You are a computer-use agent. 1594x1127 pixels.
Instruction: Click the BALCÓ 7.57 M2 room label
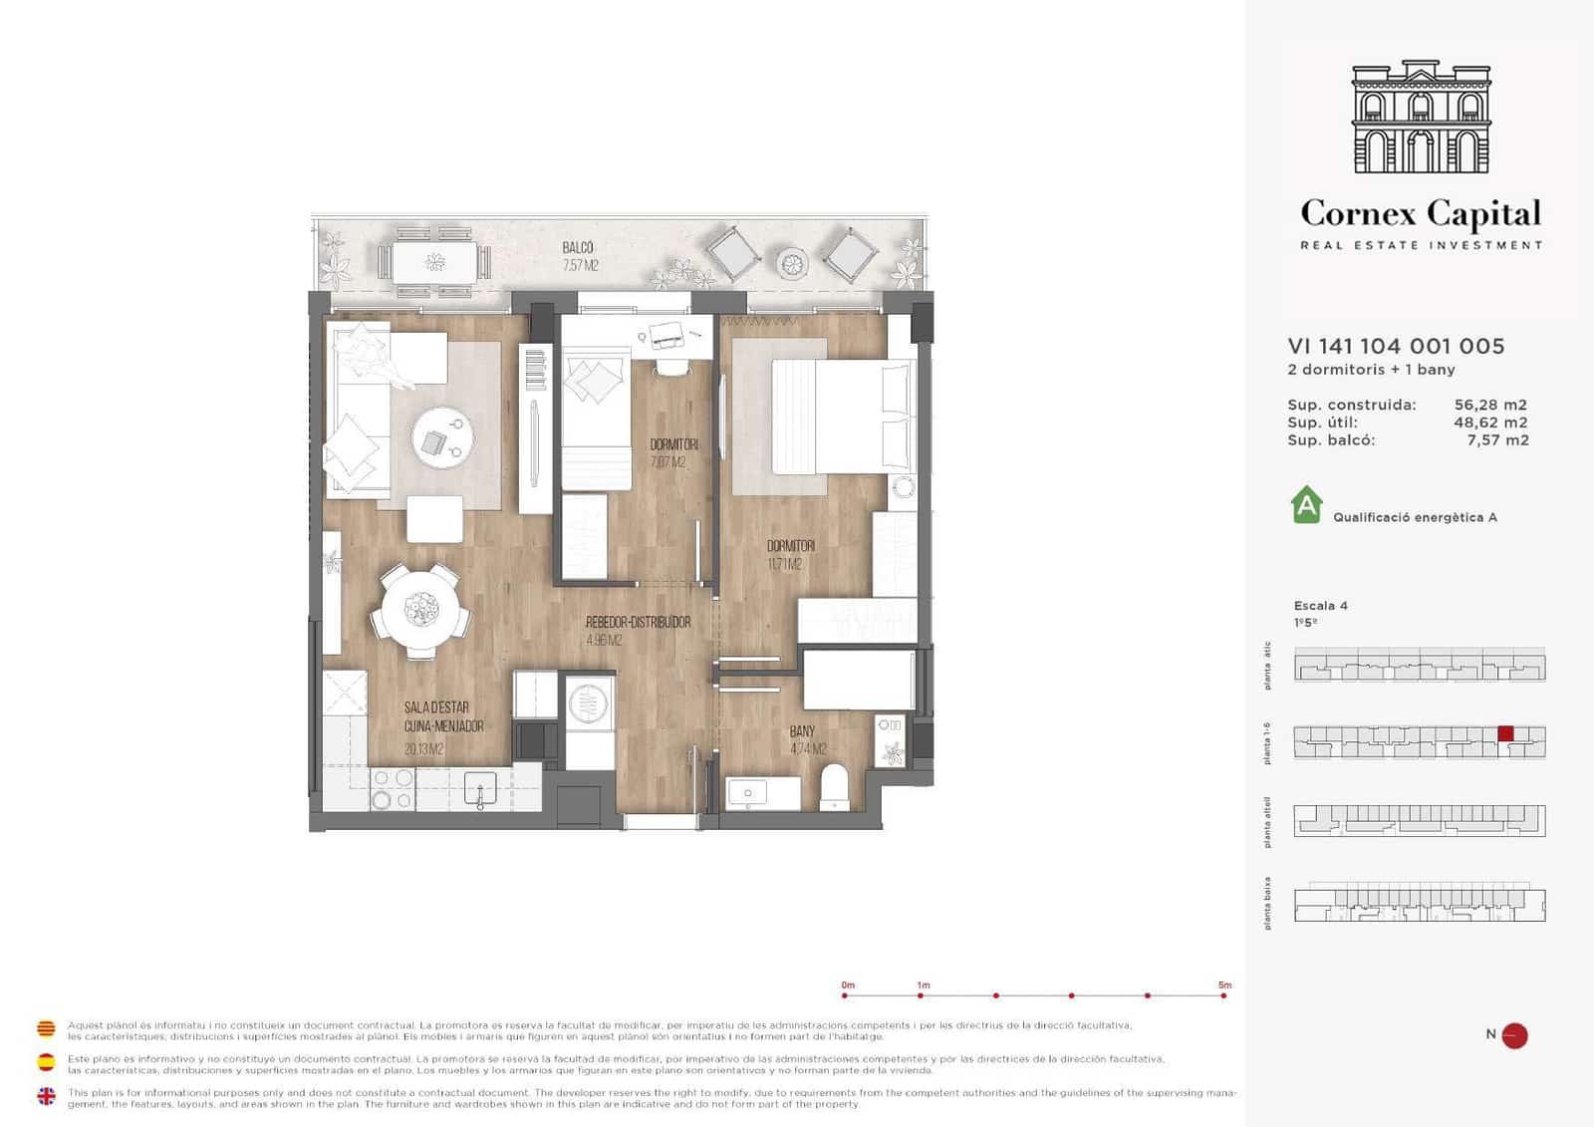coord(579,256)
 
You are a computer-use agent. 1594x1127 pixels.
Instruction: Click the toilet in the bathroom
coord(833,788)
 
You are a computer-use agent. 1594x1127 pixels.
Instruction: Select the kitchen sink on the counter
coord(479,790)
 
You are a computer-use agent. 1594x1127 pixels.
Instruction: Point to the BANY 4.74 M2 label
coord(807,739)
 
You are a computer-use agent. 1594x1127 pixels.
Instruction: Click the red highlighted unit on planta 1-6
coord(1505,733)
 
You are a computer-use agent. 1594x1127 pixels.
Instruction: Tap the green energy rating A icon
coord(1306,505)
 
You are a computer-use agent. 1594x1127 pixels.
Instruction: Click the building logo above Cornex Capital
coord(1421,117)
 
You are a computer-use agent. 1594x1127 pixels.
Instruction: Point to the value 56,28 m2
coord(1490,405)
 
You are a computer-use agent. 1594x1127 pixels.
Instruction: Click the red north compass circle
coord(1514,1035)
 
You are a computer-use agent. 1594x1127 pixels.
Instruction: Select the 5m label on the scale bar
coord(1224,985)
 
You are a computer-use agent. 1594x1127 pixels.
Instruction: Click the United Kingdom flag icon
coord(46,1096)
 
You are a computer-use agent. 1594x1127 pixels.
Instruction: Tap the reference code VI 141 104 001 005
coord(1396,346)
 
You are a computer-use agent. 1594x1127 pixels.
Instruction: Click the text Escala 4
coord(1320,605)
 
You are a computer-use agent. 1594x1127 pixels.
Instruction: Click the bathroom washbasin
coord(762,793)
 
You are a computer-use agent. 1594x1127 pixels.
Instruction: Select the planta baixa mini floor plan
coord(1419,903)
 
